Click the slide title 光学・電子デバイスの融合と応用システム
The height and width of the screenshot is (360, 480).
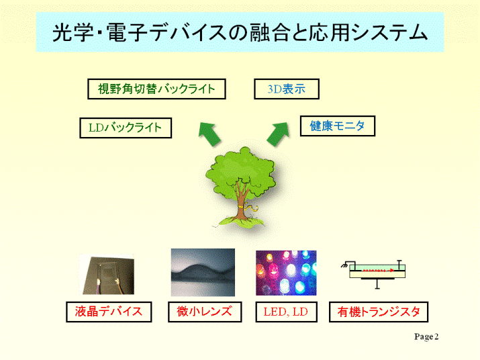[x=240, y=32]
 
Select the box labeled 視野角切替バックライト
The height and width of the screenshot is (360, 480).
[x=156, y=89]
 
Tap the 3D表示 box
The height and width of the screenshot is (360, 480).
[x=287, y=89]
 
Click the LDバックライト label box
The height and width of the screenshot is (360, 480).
[x=126, y=128]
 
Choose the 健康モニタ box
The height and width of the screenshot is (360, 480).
[x=338, y=126]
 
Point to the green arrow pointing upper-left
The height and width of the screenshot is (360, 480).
[x=209, y=134]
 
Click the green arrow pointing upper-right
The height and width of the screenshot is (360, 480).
[x=278, y=134]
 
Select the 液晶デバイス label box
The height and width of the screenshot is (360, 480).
[x=109, y=312]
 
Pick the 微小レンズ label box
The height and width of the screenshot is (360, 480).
[x=205, y=312]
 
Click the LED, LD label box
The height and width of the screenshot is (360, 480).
[x=286, y=312]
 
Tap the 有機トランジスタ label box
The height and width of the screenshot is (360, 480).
[x=379, y=312]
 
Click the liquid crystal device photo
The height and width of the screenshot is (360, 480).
[x=107, y=275]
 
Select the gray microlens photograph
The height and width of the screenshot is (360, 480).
[x=203, y=273]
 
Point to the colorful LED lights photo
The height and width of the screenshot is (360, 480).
[x=286, y=273]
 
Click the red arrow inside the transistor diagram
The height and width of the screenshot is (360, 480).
[x=379, y=271]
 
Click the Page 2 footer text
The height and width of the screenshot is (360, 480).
[x=426, y=336]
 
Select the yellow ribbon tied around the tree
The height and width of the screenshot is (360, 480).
[x=250, y=208]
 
